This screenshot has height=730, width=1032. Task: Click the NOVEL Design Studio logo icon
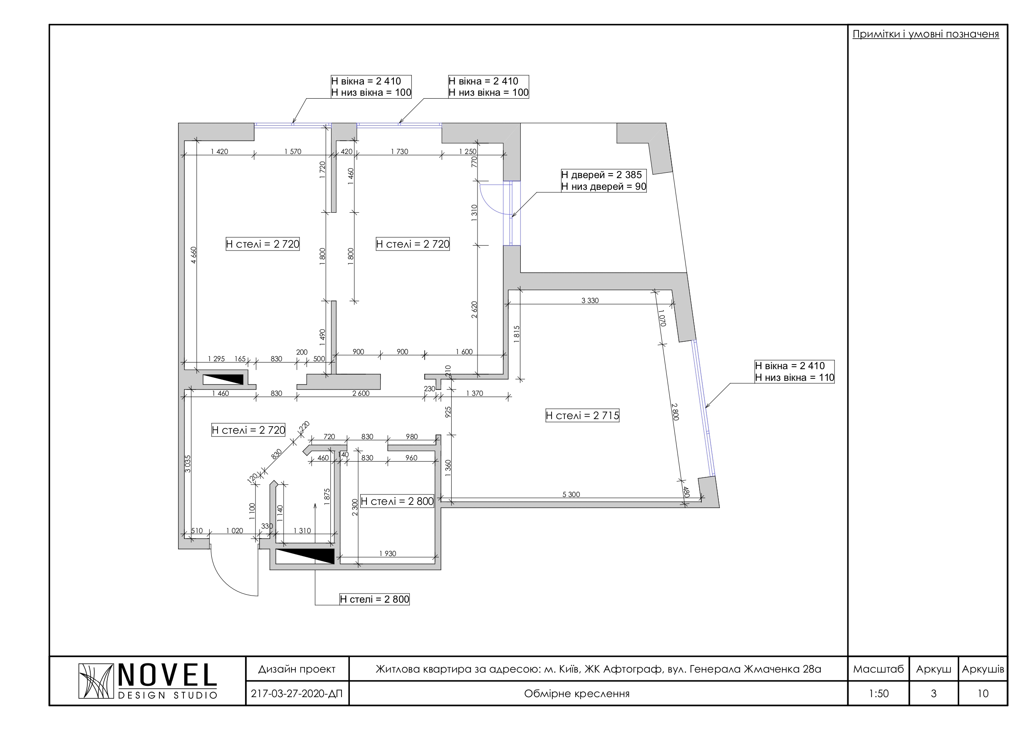tap(96, 681)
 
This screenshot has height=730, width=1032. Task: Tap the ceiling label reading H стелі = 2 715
tap(582, 416)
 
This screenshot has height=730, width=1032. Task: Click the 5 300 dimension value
tap(571, 494)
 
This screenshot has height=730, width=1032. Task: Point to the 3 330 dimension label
tap(590, 300)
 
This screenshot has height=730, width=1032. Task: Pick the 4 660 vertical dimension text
tap(194, 255)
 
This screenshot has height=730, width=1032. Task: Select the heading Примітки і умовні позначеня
tap(926, 34)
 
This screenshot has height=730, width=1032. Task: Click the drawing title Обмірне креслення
tap(577, 693)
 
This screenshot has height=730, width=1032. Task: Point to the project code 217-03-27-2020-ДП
tap(297, 693)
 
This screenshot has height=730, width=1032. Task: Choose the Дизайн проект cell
tap(297, 669)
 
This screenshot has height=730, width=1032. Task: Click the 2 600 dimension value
tap(361, 393)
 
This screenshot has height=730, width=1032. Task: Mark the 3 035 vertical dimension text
tap(188, 464)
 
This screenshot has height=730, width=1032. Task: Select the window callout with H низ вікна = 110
tap(794, 372)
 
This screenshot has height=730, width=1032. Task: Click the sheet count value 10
tap(983, 693)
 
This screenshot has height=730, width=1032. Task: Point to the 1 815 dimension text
tap(517, 335)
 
